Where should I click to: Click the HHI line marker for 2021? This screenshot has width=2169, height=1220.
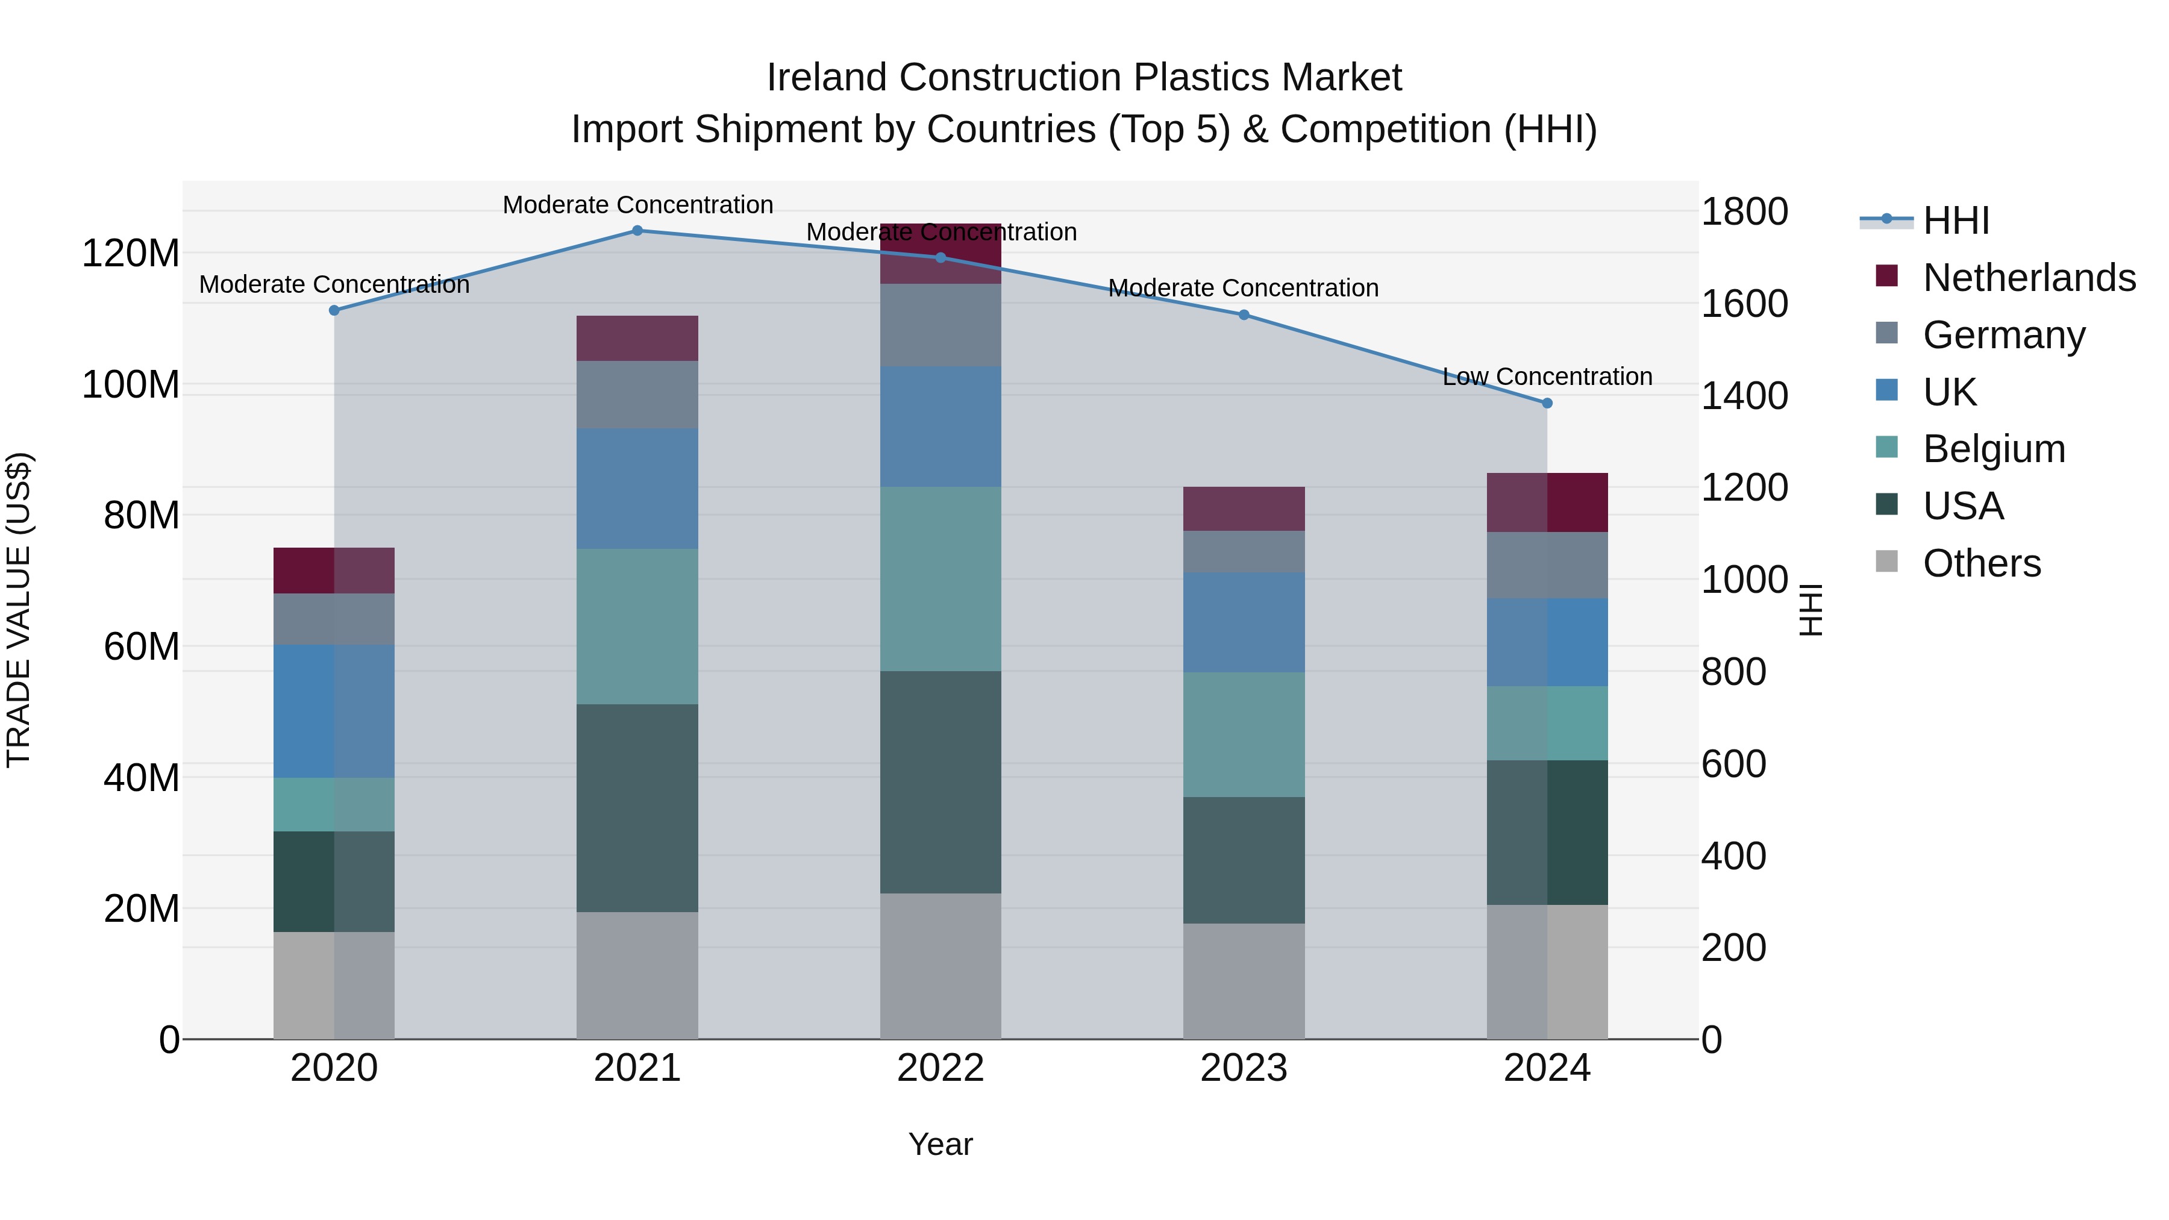[x=637, y=231]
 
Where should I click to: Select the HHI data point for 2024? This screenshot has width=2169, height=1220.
[x=1547, y=403]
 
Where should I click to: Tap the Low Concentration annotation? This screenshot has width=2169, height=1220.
[x=1547, y=377]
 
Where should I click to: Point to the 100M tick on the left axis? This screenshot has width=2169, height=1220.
[x=131, y=385]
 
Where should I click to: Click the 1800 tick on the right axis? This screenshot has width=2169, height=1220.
[x=1745, y=211]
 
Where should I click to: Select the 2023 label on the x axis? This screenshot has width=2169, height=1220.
[x=1244, y=1068]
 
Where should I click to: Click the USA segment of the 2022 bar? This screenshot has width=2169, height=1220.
[x=941, y=781]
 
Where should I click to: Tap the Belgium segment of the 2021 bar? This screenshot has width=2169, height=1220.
[x=637, y=627]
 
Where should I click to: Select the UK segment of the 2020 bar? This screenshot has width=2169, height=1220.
[x=334, y=711]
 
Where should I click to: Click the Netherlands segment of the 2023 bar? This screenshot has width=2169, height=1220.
[x=1244, y=508]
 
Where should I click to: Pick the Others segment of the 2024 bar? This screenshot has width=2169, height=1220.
[x=1547, y=972]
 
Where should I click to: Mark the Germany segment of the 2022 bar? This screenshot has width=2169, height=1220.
[x=941, y=325]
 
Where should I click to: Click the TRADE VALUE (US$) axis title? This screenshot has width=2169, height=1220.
[x=19, y=610]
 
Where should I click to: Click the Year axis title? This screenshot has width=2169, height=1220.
[x=941, y=1144]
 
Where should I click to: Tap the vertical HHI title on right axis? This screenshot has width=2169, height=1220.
[x=1811, y=610]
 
